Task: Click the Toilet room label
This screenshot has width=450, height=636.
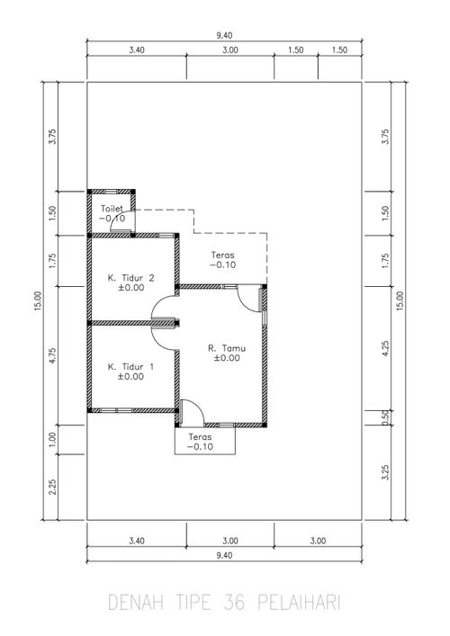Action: tap(112, 209)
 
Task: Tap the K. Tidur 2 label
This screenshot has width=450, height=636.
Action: tap(131, 278)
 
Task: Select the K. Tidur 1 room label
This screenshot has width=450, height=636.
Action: tap(130, 367)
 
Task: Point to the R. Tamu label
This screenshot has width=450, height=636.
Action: tap(227, 348)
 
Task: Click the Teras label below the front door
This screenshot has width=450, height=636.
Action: tap(200, 437)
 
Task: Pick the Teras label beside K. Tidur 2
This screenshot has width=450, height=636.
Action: tap(223, 255)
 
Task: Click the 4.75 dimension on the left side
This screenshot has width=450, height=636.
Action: tap(52, 355)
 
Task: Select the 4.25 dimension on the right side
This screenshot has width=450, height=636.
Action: tap(385, 348)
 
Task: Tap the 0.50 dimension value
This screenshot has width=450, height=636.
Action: tap(385, 417)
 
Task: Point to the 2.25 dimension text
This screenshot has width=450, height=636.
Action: tap(52, 487)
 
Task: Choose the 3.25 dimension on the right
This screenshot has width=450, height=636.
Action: tap(385, 472)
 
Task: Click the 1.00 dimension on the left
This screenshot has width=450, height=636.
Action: tap(52, 440)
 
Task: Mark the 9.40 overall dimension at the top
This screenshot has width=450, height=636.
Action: tap(224, 36)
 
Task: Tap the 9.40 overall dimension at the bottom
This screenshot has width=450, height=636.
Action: tap(224, 555)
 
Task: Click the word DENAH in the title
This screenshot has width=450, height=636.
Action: tap(136, 603)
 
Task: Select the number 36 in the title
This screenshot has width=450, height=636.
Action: tap(235, 603)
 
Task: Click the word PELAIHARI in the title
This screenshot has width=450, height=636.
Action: tap(299, 603)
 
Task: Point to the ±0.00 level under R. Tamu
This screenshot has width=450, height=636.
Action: tap(227, 358)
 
